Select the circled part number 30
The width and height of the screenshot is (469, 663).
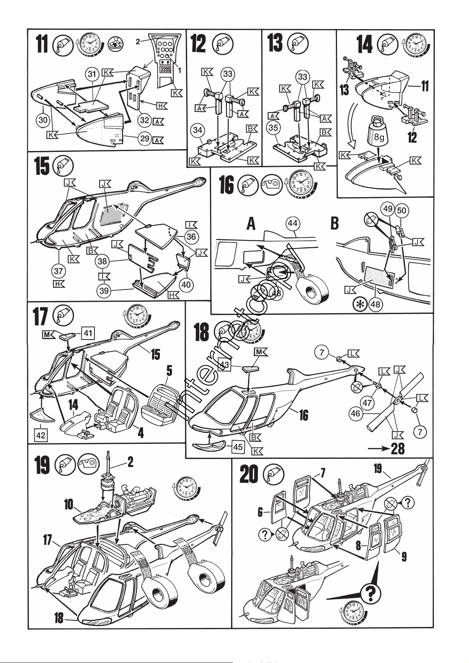(43, 120)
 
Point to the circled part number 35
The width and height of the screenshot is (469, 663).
(273, 128)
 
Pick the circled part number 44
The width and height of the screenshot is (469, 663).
(292, 223)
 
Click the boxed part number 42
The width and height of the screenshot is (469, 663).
(41, 435)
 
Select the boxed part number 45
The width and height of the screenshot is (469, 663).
(237, 447)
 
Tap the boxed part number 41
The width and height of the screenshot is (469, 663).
(88, 333)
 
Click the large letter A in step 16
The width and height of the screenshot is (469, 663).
(251, 224)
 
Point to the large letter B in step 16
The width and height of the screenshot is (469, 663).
(334, 224)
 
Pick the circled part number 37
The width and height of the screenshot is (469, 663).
(59, 271)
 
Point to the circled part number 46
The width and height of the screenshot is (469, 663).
(356, 413)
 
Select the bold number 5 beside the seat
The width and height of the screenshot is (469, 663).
(169, 370)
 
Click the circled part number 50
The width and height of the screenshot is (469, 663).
(401, 210)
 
